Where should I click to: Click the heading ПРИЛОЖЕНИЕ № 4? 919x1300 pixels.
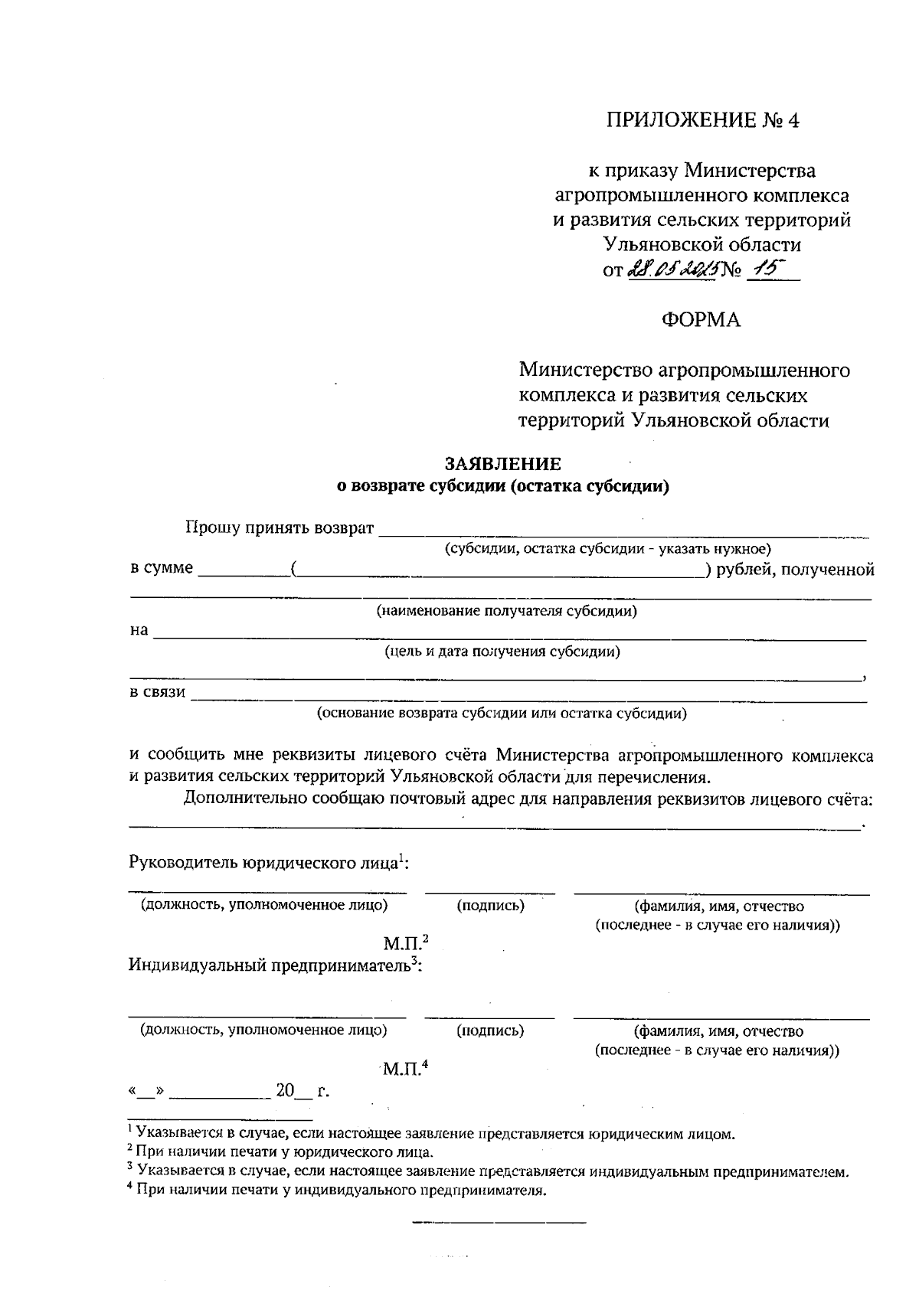702,121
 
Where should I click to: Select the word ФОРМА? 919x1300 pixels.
702,320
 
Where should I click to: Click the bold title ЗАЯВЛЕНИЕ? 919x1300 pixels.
504,464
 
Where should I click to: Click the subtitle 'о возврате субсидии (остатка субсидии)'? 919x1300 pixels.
504,486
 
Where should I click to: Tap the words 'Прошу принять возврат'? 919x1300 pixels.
280,528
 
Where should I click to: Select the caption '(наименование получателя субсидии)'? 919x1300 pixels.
506,611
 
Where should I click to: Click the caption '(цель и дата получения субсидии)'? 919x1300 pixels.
502,652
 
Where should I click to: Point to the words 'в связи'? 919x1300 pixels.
158,692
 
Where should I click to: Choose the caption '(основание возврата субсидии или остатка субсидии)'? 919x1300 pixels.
502,714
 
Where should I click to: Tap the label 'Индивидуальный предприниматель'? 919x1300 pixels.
271,965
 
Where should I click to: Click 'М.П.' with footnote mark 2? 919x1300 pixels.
404,942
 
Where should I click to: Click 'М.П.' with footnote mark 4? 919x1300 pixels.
404,1068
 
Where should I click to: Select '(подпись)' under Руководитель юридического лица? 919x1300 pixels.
490,906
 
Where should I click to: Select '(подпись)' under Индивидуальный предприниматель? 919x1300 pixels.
490,1031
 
